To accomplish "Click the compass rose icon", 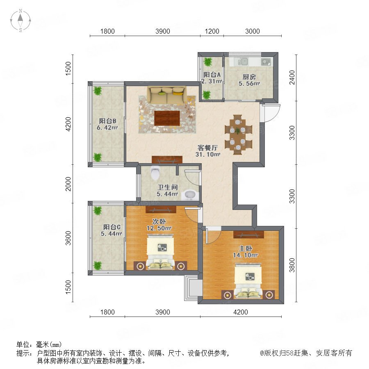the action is (20, 20).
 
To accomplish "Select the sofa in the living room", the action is (167, 95).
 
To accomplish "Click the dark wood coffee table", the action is (167, 118).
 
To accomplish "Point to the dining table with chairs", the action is (238, 134).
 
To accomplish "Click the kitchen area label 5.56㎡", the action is (249, 83).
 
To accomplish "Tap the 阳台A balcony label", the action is (212, 75).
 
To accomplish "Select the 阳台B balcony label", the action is (107, 121).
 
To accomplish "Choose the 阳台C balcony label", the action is (112, 227).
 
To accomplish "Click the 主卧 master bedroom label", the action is (246, 248).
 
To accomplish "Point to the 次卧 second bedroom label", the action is (159, 221).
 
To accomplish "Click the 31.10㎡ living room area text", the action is (208, 155).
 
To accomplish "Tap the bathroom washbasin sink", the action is (190, 195).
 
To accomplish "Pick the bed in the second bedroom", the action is (160, 252).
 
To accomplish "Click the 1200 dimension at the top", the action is (212, 31).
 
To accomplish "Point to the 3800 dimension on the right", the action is (292, 265).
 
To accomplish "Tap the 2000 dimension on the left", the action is (68, 184).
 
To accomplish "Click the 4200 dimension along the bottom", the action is (241, 312).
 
